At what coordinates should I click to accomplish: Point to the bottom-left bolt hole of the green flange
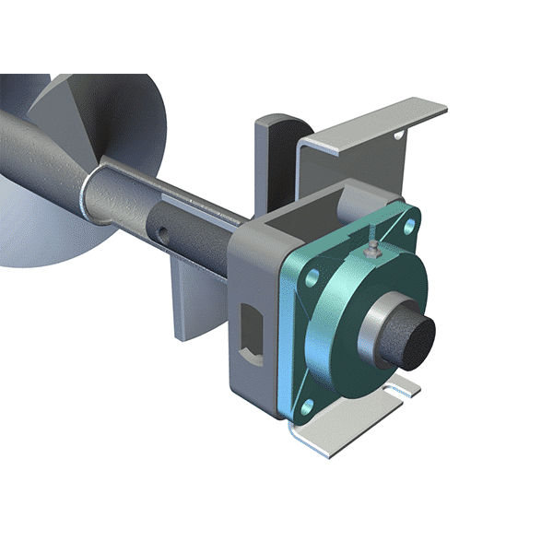pyautogui.click(x=306, y=404)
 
